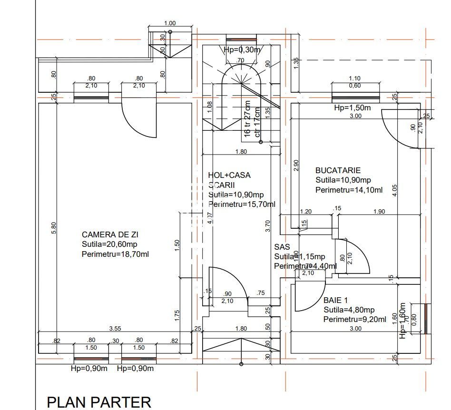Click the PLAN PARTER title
tap(99, 402)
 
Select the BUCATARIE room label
tap(338, 170)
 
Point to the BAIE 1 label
tap(336, 300)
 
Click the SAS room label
tap(282, 247)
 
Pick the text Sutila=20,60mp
tap(110, 244)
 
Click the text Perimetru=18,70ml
tap(115, 254)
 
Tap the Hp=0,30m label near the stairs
tap(243, 50)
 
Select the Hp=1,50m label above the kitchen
tap(352, 108)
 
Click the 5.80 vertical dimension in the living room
tap(54, 228)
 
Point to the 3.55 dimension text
tap(115, 328)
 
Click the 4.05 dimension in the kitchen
tap(394, 190)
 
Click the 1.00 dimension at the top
tap(169, 23)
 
